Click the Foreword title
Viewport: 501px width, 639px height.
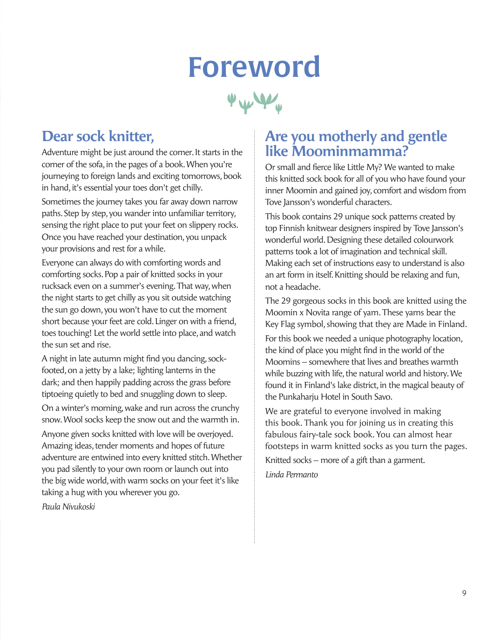click(x=254, y=68)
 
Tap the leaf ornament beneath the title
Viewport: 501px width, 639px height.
click(x=255, y=102)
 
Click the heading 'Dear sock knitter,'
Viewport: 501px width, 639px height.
click(x=98, y=136)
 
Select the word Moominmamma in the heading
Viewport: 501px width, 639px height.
click(x=350, y=151)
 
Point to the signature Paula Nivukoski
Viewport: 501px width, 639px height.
click(x=68, y=507)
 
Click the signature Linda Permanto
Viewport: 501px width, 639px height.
click(x=291, y=475)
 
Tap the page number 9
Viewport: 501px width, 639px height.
click(x=464, y=593)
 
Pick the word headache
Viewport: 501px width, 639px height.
click(x=303, y=287)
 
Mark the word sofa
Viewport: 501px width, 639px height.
click(x=95, y=164)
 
